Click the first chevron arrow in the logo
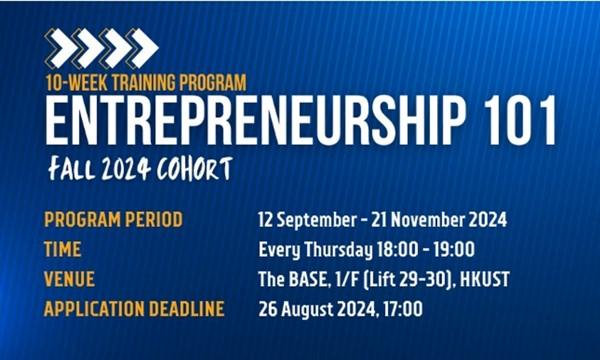(61, 48)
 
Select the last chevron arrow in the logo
(142, 48)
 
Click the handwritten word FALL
(71, 169)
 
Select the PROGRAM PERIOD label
(114, 220)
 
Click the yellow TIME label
(63, 249)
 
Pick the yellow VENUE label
(69, 279)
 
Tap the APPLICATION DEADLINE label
(134, 309)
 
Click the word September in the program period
(317, 220)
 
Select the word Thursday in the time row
(338, 250)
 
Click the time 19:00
(454, 249)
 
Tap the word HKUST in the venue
(484, 279)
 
